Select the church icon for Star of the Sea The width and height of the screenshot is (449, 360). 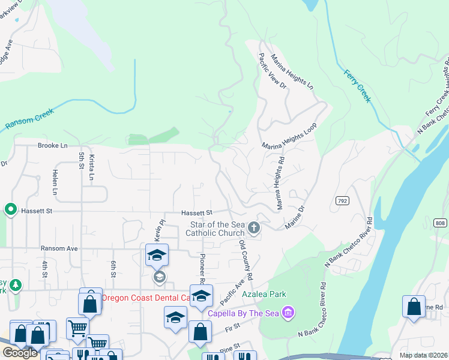[x=254, y=228]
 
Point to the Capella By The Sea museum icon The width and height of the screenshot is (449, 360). [x=288, y=313]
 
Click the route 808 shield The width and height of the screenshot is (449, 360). [x=441, y=223]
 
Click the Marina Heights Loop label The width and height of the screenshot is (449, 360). [x=289, y=137]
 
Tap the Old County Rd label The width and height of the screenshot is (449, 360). [x=246, y=260]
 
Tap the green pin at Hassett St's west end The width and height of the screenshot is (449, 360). [x=10, y=209]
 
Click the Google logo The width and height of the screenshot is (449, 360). [x=19, y=353]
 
